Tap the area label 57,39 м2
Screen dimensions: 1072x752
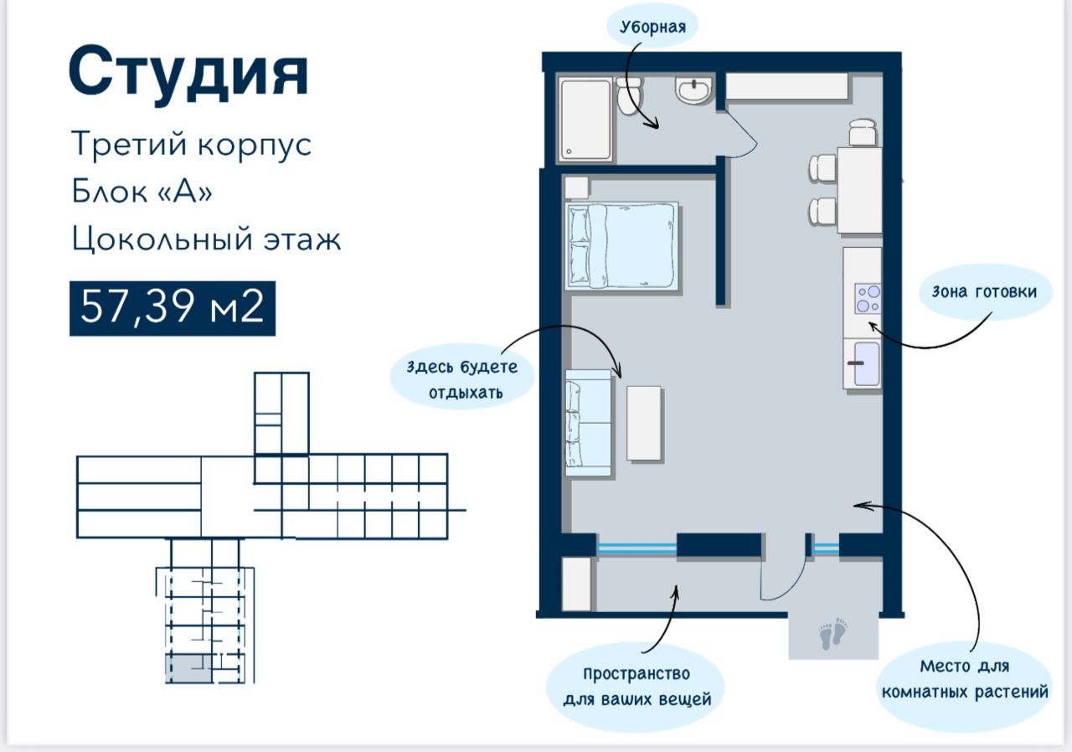click(x=173, y=308)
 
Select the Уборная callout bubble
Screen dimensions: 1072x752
click(x=652, y=27)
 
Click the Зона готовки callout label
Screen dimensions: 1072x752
click(x=984, y=291)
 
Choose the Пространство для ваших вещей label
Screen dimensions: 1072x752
click(x=636, y=687)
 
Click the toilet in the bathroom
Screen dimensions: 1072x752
click(x=629, y=96)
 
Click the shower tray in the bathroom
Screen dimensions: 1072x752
click(x=585, y=120)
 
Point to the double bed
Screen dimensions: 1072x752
click(x=621, y=246)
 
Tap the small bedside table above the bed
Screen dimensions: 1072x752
click(x=577, y=188)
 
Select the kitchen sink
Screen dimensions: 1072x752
click(x=866, y=363)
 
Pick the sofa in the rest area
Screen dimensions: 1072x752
click(x=589, y=423)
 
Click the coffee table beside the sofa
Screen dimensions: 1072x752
click(x=644, y=424)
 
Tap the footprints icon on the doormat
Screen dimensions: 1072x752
click(x=833, y=634)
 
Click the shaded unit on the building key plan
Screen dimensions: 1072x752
click(x=188, y=668)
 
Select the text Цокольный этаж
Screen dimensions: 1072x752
click(x=206, y=240)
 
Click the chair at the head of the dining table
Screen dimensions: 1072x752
click(x=863, y=132)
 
